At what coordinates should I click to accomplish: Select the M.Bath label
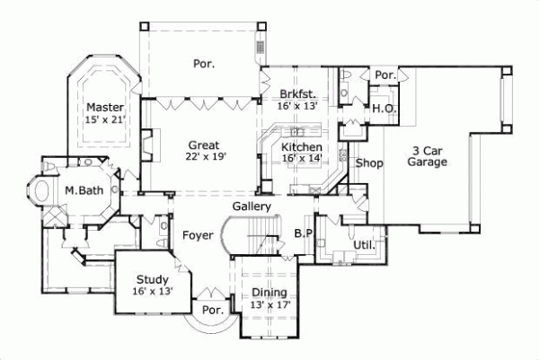[x=82, y=190]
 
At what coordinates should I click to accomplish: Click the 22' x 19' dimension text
[x=205, y=156]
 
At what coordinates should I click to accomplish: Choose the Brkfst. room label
[x=297, y=93]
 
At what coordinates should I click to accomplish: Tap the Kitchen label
[x=302, y=146]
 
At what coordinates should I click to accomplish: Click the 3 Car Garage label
[x=428, y=156]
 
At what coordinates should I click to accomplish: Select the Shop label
[x=369, y=163]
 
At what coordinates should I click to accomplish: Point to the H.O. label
[x=385, y=108]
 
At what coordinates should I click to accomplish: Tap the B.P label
[x=303, y=233]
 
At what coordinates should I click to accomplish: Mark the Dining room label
[x=269, y=293]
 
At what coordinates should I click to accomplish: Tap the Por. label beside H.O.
[x=385, y=75]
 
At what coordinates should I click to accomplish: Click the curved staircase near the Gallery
[x=246, y=238]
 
